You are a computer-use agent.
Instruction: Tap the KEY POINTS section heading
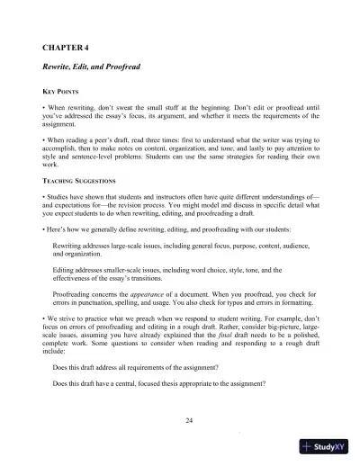(63, 93)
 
